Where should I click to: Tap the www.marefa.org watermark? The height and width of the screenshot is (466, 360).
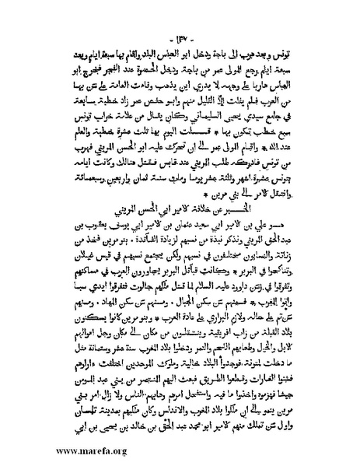tap(47, 450)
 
